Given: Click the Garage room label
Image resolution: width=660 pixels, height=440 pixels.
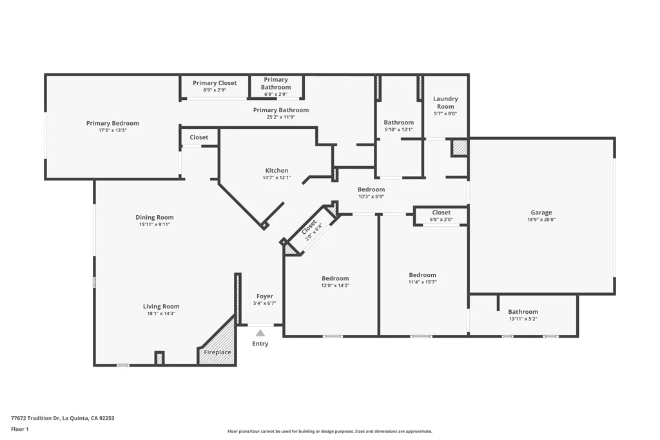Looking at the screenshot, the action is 541,213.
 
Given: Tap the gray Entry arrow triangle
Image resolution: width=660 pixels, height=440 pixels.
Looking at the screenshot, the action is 260,333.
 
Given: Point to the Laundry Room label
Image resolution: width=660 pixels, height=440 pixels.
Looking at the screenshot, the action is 445,102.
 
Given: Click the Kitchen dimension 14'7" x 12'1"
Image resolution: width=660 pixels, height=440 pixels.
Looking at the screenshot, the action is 277,178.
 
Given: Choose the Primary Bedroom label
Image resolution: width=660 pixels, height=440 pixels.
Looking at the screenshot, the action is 112,123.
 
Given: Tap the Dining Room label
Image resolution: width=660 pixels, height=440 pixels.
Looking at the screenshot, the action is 155,218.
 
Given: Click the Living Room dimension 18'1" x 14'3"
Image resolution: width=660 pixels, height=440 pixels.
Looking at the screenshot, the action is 161,313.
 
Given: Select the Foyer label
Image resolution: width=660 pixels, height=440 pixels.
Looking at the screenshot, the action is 265,296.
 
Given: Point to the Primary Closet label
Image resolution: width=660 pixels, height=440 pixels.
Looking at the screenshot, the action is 215,83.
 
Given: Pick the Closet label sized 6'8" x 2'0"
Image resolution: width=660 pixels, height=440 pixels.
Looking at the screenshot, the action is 441,213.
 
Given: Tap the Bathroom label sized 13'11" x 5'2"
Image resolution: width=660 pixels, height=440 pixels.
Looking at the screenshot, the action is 523,312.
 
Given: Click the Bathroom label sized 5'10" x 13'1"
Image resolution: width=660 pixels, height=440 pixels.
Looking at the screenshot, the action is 398,122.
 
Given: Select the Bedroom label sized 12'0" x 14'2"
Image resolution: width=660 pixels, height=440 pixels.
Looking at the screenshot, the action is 335,278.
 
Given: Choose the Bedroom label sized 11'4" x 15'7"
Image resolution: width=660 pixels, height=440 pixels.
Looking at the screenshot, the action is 422,275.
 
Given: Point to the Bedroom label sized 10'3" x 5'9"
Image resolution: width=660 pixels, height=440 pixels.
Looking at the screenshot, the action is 371,189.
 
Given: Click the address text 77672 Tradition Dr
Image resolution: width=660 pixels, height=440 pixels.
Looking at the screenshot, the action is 35,418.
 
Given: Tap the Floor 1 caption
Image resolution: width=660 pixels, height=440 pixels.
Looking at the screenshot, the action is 20,429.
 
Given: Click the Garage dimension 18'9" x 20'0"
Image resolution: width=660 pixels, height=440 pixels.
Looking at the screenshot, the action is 541,220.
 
